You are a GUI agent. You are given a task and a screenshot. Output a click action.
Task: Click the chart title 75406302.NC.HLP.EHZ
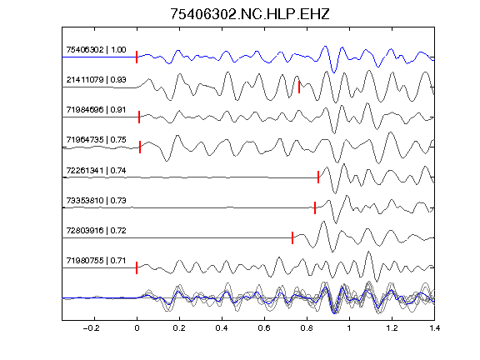coord(249,14)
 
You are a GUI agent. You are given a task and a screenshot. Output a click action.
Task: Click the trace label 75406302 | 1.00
coord(96,50)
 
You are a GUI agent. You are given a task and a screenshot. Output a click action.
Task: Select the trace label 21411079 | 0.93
coord(96,80)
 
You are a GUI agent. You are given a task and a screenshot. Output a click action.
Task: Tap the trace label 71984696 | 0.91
coord(96,110)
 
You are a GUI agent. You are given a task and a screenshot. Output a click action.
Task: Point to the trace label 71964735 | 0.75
coord(96,140)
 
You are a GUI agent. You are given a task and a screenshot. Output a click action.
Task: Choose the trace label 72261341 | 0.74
coord(96,170)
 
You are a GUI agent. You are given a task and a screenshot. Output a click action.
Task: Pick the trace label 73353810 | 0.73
coord(96,200)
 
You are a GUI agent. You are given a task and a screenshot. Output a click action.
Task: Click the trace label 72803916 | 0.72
coord(96,230)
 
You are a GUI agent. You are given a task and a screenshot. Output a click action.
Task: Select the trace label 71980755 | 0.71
coord(96,261)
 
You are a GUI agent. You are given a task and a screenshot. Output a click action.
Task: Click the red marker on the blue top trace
coord(137,57)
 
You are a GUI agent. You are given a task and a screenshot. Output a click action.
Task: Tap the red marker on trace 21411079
coord(299,87)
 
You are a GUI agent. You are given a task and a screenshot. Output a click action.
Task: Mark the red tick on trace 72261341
coord(318,177)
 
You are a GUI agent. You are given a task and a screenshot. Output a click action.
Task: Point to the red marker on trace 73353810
coord(315,207)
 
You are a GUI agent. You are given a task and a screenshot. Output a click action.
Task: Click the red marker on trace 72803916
coord(292,237)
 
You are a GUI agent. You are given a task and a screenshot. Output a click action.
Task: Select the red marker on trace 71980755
coord(137,267)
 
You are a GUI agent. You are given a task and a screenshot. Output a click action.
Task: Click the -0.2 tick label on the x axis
coord(92,328)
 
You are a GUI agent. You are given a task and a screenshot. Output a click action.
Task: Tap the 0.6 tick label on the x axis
coord(264,328)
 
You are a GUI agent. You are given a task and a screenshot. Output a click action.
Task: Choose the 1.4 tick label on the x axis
coord(434,328)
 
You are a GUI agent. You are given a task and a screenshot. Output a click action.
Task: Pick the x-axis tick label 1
coord(349,328)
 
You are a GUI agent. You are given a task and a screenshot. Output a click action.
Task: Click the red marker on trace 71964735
coord(140,147)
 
